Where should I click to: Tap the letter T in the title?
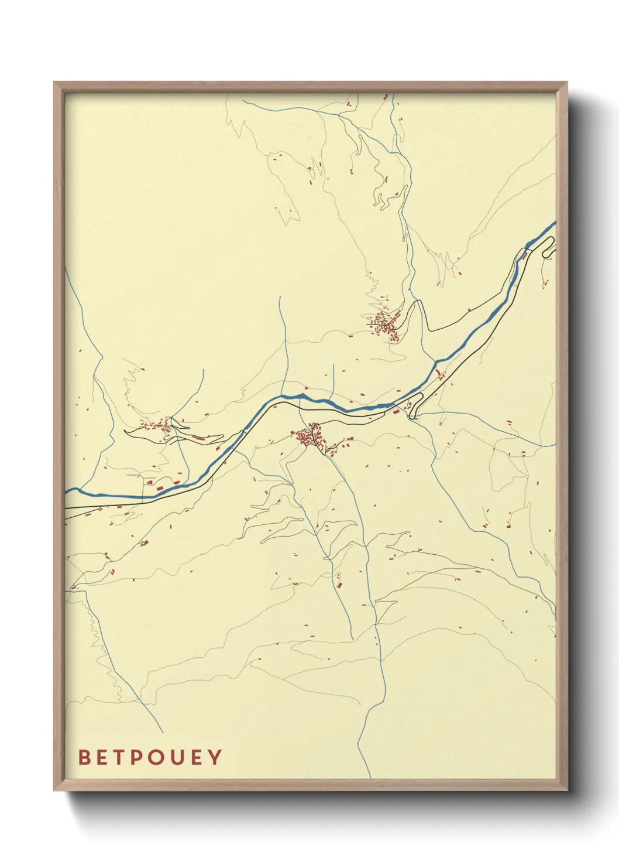[119, 757]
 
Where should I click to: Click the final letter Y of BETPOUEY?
[215, 757]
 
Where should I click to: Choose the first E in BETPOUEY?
[102, 757]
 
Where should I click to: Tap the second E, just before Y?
[196, 757]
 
